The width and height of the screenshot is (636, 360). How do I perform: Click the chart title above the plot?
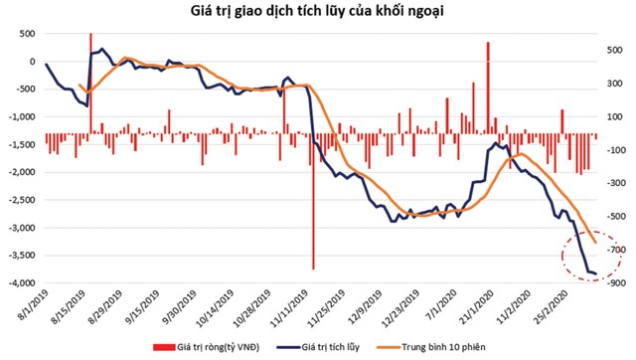click(318, 11)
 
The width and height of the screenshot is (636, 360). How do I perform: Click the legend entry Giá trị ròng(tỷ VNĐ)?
click(209, 346)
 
